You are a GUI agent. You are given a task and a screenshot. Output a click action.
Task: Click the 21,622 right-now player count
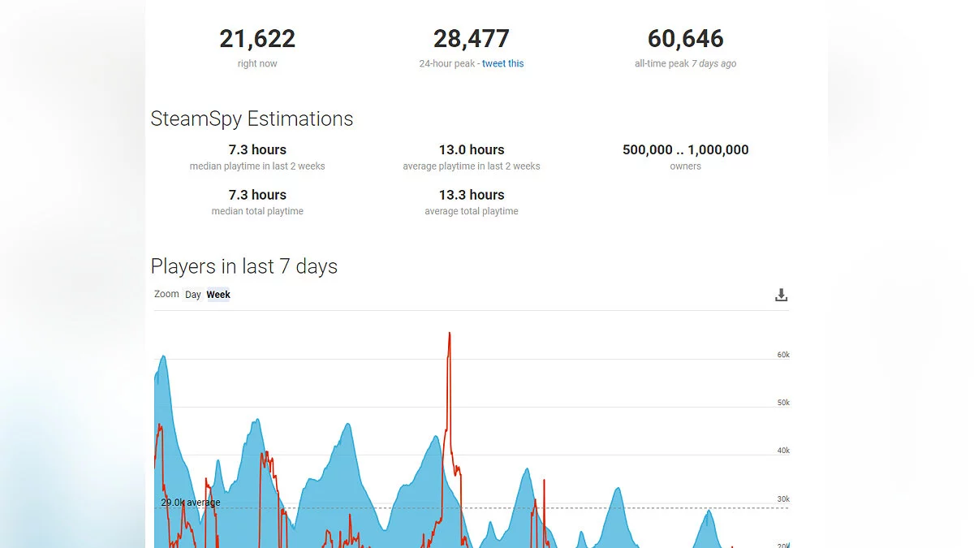coord(257,39)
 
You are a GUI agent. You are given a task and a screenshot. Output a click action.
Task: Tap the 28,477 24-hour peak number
coord(471,39)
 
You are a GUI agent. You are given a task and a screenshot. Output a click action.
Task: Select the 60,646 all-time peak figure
coord(685,39)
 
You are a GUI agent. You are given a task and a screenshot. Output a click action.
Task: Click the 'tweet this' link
coord(502,63)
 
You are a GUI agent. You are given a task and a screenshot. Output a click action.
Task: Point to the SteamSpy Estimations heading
coord(252,119)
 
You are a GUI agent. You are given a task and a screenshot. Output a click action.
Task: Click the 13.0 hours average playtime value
coord(472,149)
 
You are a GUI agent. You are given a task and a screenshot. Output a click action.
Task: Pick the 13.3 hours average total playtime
coord(472,195)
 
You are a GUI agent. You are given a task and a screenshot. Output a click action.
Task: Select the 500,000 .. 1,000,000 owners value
coord(685,149)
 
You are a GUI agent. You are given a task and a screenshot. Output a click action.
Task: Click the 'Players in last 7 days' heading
coord(243,266)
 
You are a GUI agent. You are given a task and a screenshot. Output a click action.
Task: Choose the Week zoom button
coord(218,295)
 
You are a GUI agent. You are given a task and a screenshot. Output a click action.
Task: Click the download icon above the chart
coord(781,295)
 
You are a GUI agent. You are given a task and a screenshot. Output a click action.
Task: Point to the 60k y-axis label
coord(783,355)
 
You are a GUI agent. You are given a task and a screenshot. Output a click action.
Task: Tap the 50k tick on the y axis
coord(783,403)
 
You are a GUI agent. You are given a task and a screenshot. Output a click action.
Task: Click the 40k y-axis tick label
coord(783,451)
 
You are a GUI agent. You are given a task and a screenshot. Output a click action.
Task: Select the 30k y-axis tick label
coord(783,499)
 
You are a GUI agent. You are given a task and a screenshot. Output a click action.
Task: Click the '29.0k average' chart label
coord(190,503)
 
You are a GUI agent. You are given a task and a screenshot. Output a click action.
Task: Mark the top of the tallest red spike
coord(449,333)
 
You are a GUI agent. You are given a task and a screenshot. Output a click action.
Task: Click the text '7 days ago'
coord(714,63)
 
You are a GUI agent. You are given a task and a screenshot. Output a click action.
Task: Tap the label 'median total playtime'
coord(257,211)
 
